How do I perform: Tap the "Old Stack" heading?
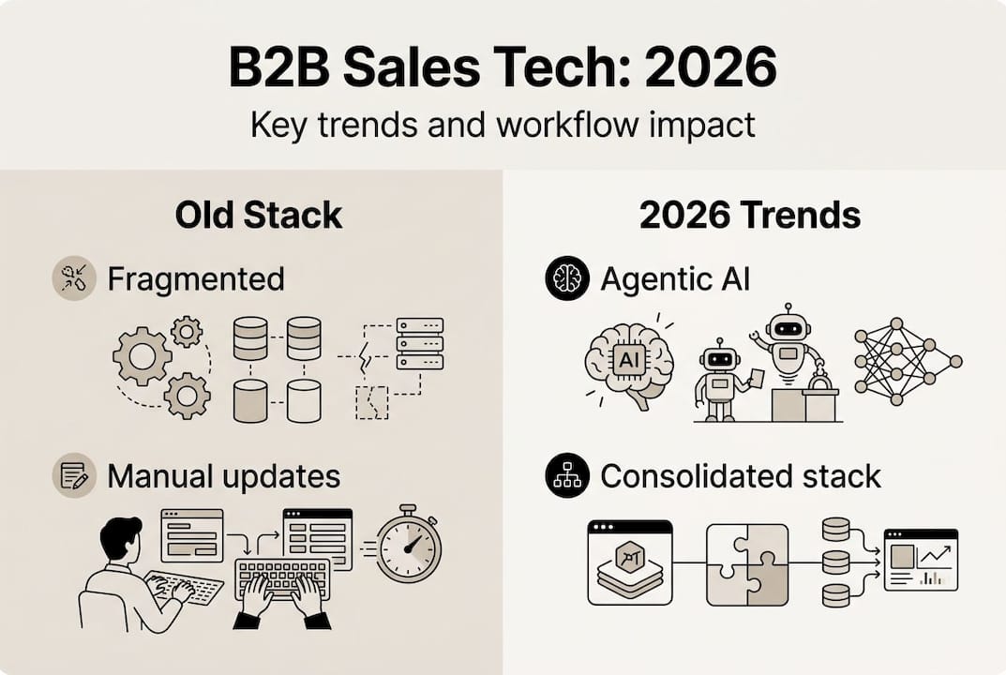259,215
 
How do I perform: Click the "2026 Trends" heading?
750,215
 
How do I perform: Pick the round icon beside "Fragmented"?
73,278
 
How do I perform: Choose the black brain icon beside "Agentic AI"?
567,278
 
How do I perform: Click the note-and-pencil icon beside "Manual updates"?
73,475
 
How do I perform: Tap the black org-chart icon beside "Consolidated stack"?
567,475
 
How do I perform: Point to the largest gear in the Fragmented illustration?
142,357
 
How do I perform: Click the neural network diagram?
908,361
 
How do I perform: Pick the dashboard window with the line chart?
921,559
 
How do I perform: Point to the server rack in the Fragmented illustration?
419,343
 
